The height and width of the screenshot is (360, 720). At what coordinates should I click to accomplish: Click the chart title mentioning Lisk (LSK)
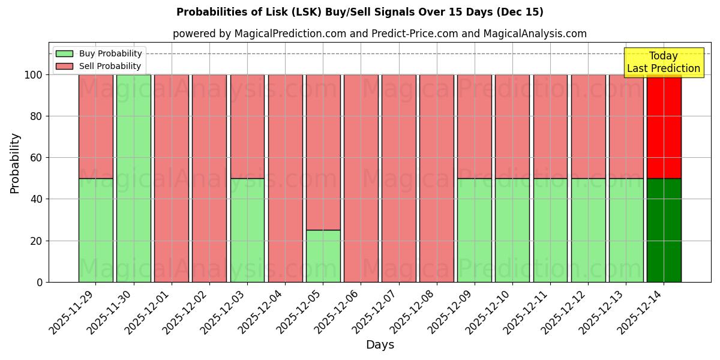point(359,12)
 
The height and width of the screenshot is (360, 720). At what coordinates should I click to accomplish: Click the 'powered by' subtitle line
point(379,34)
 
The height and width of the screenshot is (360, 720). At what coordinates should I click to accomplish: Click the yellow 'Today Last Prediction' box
point(664,62)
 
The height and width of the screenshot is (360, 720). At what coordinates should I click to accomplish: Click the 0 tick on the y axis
point(40,282)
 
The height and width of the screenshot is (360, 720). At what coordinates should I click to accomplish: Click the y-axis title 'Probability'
point(15,163)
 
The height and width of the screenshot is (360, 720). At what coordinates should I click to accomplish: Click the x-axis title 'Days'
point(380,345)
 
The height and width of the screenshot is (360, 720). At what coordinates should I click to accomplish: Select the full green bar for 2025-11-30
point(133,178)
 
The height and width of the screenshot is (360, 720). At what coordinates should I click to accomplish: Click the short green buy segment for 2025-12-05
point(323,256)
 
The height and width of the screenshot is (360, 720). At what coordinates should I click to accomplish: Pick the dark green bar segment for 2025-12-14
point(664,230)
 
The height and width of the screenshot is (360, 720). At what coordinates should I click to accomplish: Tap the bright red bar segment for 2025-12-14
point(664,127)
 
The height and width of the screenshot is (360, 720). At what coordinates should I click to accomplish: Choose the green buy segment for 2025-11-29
point(95,230)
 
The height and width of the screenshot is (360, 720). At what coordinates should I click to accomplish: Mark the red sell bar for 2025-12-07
point(398,178)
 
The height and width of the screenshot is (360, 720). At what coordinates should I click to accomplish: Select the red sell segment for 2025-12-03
point(247,127)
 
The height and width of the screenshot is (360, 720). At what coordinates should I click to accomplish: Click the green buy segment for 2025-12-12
point(588,230)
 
